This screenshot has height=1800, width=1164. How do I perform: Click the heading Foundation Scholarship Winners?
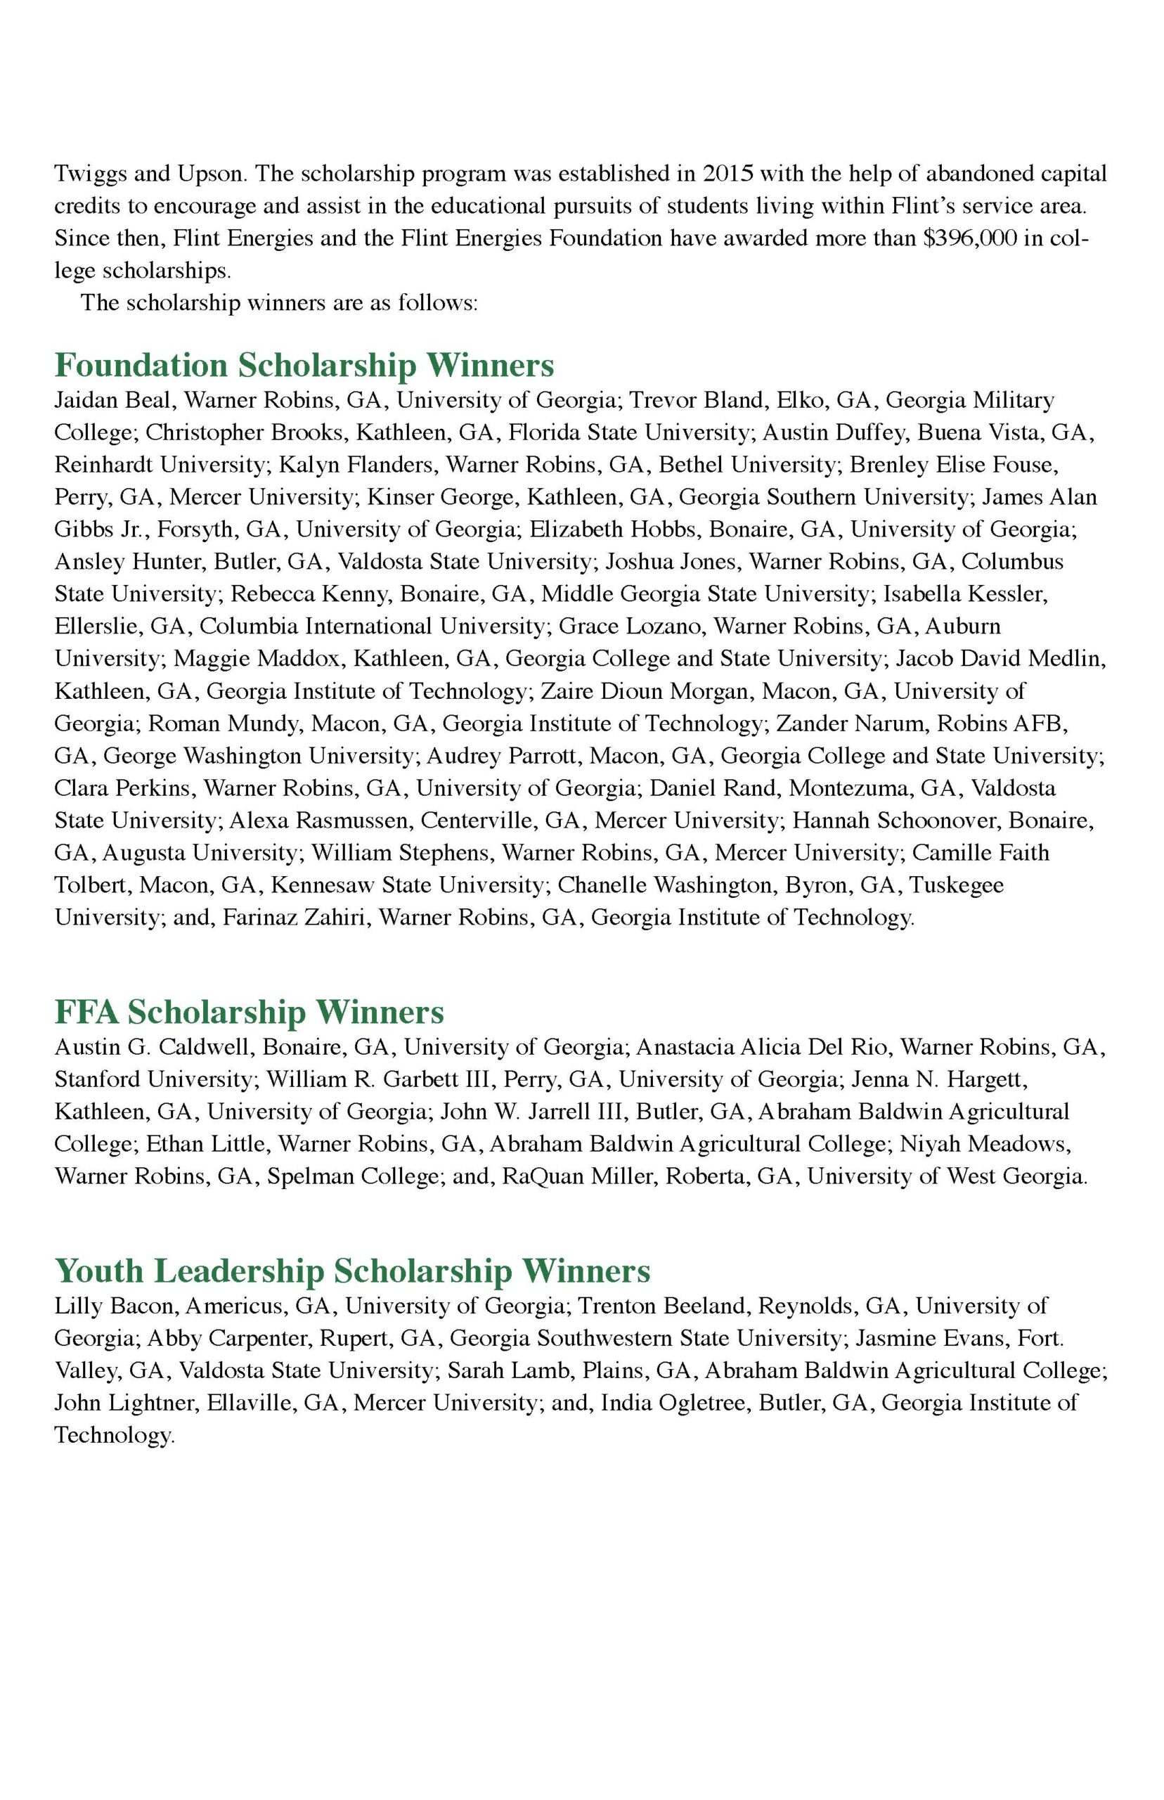pyautogui.click(x=304, y=366)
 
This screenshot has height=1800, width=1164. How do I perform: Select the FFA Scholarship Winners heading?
pyautogui.click(x=250, y=1012)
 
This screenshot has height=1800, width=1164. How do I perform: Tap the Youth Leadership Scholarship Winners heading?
pyautogui.click(x=352, y=1271)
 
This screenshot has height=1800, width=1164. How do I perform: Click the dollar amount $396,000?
pyautogui.click(x=983, y=238)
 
